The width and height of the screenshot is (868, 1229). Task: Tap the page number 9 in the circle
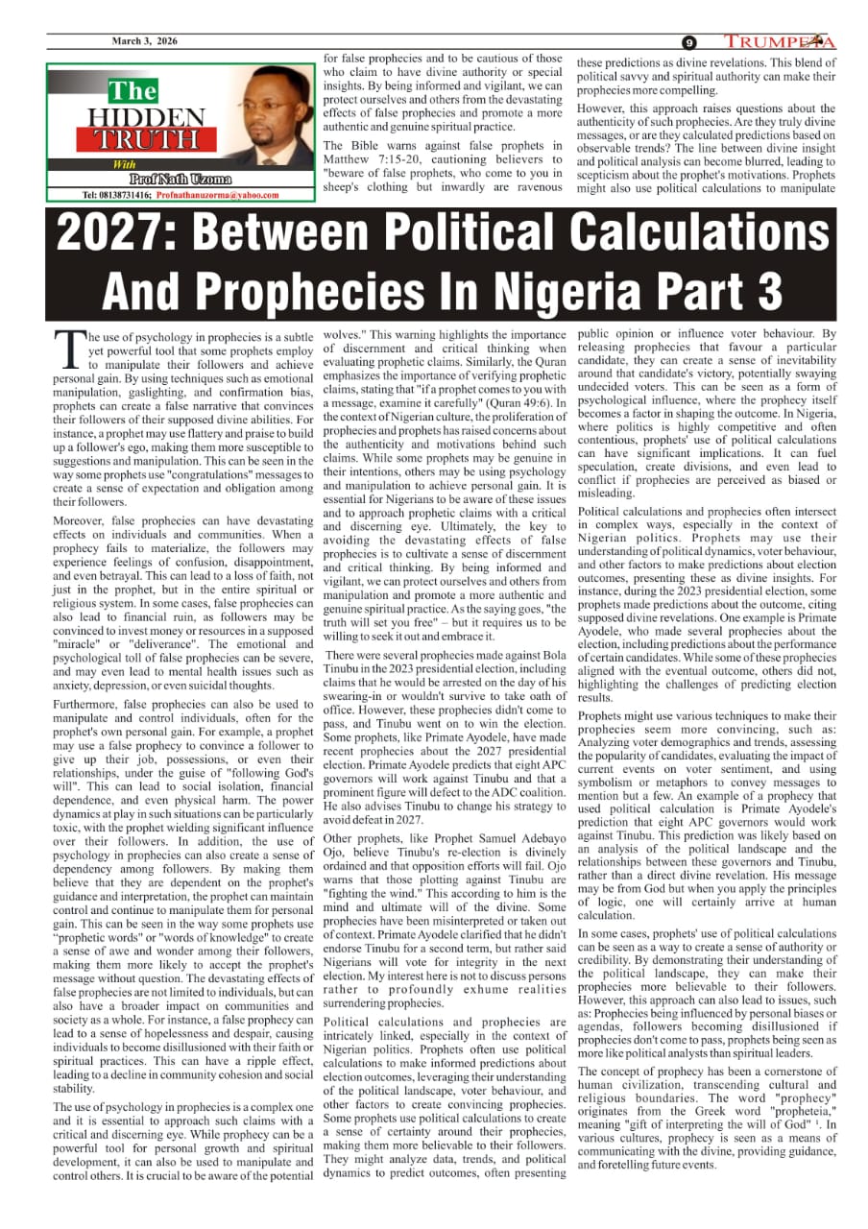689,42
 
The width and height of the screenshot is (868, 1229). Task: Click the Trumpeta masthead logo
779,41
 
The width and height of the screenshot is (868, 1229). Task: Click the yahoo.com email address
218,195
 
